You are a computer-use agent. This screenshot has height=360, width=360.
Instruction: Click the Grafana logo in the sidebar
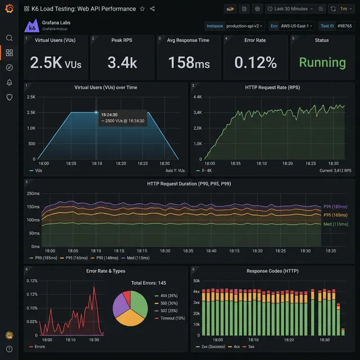click(9, 9)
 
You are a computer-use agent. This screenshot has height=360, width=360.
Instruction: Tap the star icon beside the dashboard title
click(142, 9)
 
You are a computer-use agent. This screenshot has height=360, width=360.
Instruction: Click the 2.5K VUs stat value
click(56, 62)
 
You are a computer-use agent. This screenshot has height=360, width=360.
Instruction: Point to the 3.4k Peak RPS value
click(122, 62)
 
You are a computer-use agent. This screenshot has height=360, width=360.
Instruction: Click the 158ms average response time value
click(188, 62)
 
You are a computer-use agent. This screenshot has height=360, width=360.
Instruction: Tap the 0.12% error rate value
click(255, 62)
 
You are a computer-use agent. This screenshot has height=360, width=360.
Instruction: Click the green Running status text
click(322, 62)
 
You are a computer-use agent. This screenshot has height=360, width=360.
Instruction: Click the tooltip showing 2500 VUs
click(122, 118)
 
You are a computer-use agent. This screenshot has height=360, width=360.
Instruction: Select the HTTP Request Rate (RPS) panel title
click(273, 87)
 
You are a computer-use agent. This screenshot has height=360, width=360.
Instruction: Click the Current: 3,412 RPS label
click(335, 170)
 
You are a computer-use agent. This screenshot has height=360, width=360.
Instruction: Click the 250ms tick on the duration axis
click(32, 193)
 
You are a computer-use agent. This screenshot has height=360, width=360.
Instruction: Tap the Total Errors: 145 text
click(148, 283)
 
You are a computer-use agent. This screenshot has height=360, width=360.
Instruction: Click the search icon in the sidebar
click(9, 38)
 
